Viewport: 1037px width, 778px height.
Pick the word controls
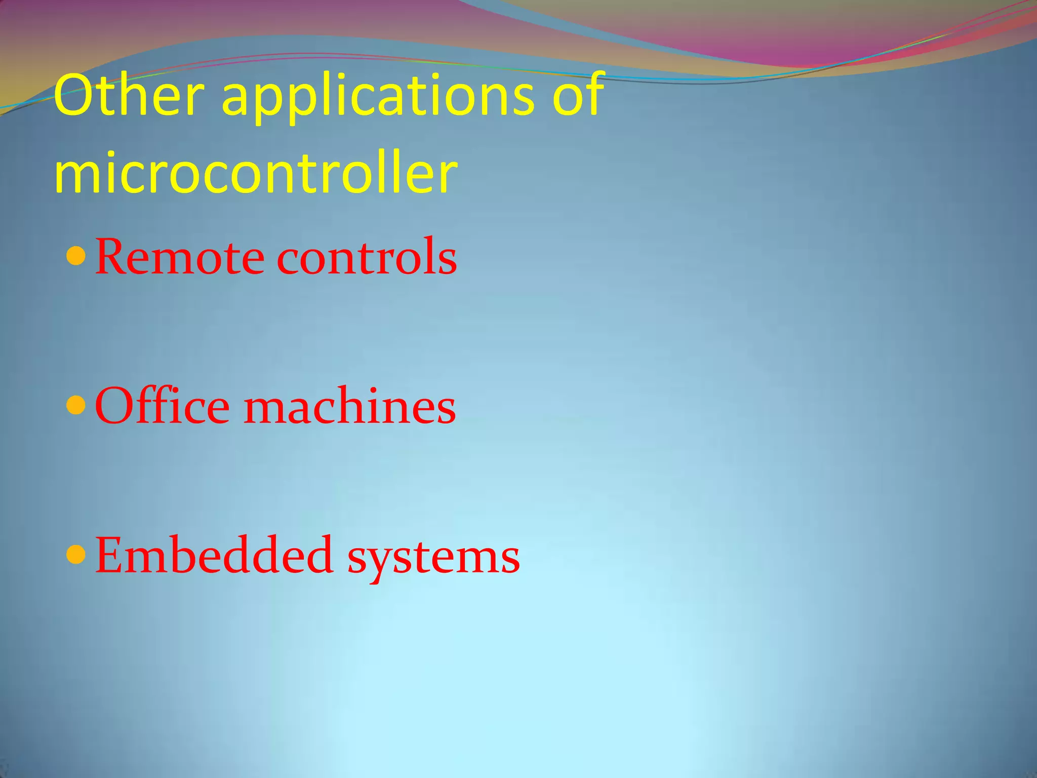coord(367,257)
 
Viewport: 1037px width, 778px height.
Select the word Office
coord(162,406)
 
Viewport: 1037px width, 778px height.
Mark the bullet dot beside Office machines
coord(76,406)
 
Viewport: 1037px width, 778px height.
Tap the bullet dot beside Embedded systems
coord(76,555)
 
